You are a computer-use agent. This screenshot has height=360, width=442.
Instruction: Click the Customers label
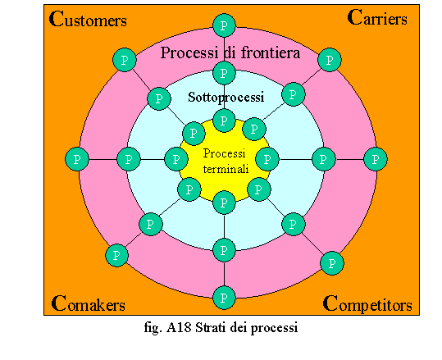(88, 19)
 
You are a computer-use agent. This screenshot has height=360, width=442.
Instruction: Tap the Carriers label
(377, 17)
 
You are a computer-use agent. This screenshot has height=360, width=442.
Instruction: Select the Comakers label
(89, 303)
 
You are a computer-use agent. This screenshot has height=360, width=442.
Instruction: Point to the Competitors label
(367, 304)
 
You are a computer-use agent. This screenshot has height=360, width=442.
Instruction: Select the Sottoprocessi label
(226, 98)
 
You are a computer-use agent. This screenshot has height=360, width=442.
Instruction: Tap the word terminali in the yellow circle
(226, 169)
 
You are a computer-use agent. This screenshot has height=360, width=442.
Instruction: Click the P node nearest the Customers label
(125, 60)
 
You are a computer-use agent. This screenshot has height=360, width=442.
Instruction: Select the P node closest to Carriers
(330, 60)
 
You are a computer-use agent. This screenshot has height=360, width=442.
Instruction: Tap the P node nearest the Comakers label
(116, 255)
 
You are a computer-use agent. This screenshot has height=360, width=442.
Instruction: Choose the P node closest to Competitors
(332, 263)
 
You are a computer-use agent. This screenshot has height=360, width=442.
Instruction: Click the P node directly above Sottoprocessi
(224, 73)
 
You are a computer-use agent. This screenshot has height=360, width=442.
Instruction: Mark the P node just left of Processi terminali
(176, 159)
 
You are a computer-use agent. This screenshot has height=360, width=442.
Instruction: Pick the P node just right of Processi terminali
(267, 159)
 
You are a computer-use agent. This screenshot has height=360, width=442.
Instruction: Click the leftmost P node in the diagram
(77, 159)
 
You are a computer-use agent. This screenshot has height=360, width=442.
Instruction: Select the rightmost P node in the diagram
(376, 159)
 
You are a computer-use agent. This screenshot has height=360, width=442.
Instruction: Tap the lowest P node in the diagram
(224, 298)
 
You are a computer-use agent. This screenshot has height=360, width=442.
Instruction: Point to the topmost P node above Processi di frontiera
(224, 25)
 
